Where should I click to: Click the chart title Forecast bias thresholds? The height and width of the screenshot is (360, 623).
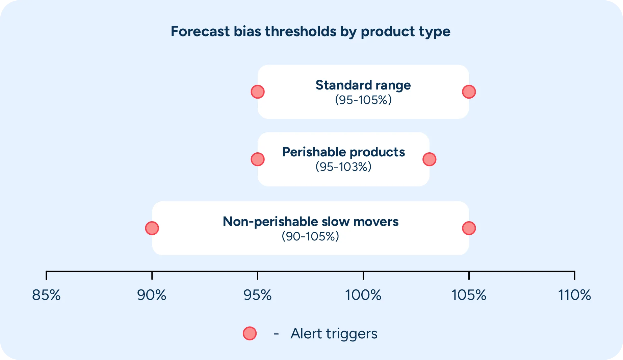coord(310,31)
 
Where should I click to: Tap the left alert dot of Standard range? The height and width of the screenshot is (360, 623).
coord(258,92)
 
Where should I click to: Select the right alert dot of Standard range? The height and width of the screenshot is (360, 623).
coord(469,92)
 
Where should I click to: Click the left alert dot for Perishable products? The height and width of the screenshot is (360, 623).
coord(258,159)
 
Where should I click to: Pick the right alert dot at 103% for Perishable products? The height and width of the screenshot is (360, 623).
coord(429,159)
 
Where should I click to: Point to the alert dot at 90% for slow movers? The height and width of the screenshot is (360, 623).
coord(152,228)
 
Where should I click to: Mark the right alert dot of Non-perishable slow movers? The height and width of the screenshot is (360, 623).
coord(469,228)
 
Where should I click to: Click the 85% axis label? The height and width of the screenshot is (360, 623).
coord(46,295)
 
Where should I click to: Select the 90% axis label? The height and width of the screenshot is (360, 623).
coord(152,295)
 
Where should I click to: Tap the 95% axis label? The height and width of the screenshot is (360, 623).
coord(258,295)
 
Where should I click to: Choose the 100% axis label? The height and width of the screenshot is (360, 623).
coord(363,295)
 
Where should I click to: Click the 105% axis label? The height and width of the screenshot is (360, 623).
coord(469,295)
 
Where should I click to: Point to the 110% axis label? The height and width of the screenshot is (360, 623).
coord(574,295)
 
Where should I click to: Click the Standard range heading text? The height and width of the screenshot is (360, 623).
coord(363,85)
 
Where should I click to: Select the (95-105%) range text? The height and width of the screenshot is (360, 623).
coord(363,100)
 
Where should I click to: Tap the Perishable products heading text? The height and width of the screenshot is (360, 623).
coord(343,152)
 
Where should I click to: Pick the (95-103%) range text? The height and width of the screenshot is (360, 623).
coord(343,167)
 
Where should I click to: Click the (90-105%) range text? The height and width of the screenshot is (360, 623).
coord(310,236)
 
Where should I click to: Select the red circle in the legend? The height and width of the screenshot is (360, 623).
coord(250,334)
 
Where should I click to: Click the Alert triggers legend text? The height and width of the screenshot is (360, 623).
coord(334,334)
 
